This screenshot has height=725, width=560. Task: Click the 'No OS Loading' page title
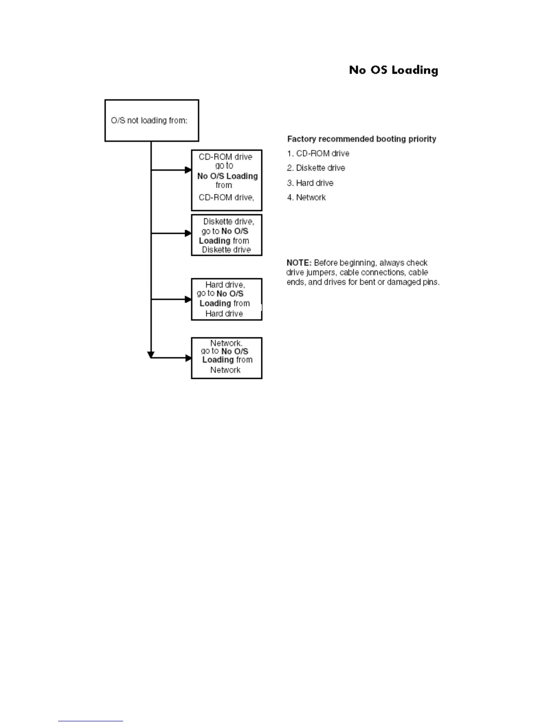pyautogui.click(x=393, y=70)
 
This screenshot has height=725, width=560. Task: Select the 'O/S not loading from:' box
pyautogui.click(x=151, y=120)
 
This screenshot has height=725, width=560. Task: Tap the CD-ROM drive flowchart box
pyautogui.click(x=226, y=180)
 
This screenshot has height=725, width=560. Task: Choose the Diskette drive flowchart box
pyautogui.click(x=226, y=235)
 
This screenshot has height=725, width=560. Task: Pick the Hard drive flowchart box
pyautogui.click(x=226, y=299)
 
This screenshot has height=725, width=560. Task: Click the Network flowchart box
pyautogui.click(x=226, y=358)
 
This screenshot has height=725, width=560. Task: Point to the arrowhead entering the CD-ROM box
pyautogui.click(x=188, y=170)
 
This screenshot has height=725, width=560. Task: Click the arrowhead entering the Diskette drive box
pyautogui.click(x=188, y=233)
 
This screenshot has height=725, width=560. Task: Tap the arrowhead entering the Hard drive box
pyautogui.click(x=188, y=299)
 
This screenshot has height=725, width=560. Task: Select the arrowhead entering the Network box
pyautogui.click(x=188, y=358)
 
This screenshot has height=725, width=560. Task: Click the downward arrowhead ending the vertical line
pyautogui.click(x=151, y=355)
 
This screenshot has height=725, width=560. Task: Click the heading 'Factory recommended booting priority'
pyautogui.click(x=361, y=139)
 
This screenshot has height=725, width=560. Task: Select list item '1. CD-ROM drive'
pyautogui.click(x=318, y=153)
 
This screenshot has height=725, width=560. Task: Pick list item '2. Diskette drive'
pyautogui.click(x=316, y=168)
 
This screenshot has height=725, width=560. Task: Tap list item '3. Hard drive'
pyautogui.click(x=310, y=183)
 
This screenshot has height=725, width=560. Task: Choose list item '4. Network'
pyautogui.click(x=307, y=197)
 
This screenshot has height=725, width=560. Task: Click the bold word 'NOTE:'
pyautogui.click(x=299, y=263)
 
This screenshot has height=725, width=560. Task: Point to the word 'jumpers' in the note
pyautogui.click(x=321, y=272)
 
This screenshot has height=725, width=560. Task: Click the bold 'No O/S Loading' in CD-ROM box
pyautogui.click(x=227, y=176)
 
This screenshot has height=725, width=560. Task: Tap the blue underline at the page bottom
pyautogui.click(x=90, y=721)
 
